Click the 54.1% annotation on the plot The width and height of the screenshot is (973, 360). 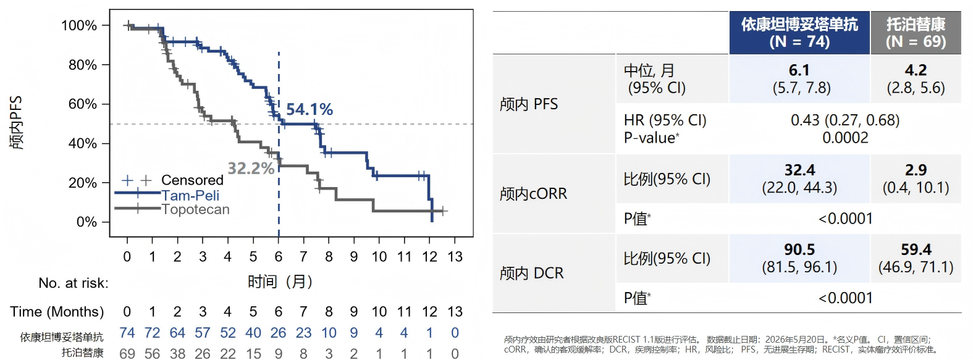310,109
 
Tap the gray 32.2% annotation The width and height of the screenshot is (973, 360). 251,169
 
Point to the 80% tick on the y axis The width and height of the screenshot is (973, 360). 83,65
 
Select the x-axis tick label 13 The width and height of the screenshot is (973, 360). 455,257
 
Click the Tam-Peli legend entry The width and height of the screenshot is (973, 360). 190,195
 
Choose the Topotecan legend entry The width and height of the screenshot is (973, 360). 195,209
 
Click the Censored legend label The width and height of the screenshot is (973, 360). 192,180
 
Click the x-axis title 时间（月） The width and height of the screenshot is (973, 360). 280,282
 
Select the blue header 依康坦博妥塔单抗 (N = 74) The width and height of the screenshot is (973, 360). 799,33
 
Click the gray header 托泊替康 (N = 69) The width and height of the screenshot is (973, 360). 916,33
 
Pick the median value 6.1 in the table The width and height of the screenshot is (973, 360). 799,70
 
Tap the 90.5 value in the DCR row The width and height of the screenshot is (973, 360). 799,249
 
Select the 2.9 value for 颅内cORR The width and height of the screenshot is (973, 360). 916,170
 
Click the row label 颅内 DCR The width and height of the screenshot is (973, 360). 531,273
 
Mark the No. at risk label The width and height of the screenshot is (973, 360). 74,283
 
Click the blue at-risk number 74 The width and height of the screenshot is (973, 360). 127,333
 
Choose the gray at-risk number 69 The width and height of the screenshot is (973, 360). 127,353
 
